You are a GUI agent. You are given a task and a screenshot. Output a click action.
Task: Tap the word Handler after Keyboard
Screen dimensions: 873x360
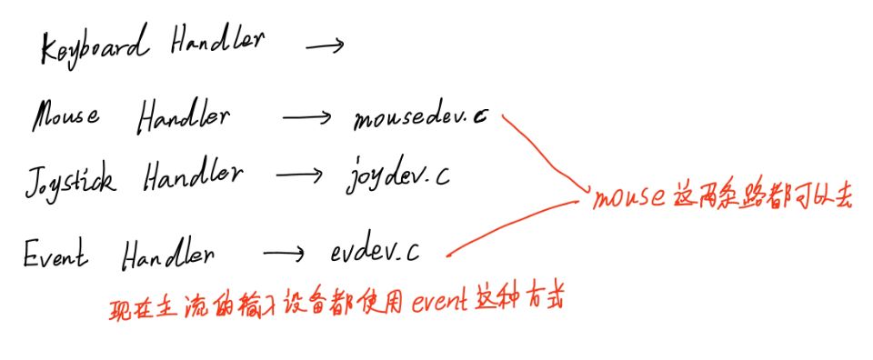tap(217, 44)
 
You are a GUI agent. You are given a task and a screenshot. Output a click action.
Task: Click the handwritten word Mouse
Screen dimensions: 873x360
tap(66, 117)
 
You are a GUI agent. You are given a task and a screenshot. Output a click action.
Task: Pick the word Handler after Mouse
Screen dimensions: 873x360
tap(185, 119)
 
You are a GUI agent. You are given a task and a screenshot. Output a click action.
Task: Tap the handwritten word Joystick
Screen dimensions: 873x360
tap(71, 176)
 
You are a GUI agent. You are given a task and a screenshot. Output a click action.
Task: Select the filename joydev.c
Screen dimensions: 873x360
tap(396, 174)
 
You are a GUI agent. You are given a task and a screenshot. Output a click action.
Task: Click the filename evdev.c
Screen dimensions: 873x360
tap(376, 250)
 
